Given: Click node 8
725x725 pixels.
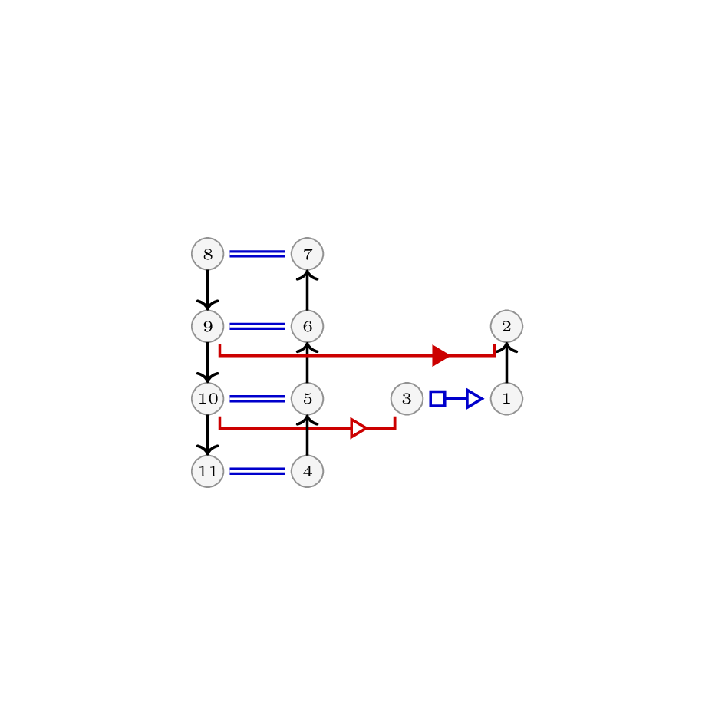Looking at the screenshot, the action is [x=208, y=254].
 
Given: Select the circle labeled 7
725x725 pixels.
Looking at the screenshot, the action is [x=307, y=254].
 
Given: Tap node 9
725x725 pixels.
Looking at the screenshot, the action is [x=208, y=326].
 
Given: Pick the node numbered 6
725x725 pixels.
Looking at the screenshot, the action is [x=307, y=326].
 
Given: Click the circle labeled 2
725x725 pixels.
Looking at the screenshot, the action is [x=507, y=326].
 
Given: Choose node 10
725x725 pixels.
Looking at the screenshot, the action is [x=208, y=399].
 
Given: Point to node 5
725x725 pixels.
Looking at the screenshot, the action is [x=307, y=399].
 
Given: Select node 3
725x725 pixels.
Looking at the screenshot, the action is [x=407, y=399].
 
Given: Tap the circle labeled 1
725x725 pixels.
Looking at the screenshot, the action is [x=507, y=399].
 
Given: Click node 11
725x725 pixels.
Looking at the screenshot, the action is [x=208, y=471].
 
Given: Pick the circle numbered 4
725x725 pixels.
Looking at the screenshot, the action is [x=307, y=471].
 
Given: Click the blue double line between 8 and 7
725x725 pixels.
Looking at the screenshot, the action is [x=258, y=254].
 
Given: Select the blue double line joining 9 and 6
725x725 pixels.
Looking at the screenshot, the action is [x=258, y=326].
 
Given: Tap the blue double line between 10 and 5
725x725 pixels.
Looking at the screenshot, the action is [x=258, y=399].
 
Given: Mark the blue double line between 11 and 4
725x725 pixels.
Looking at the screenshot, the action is [x=258, y=471].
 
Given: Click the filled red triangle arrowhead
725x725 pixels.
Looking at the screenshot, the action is [x=440, y=355].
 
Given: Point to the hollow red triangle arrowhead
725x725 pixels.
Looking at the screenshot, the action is [x=358, y=428].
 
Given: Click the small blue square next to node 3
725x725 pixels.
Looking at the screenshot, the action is [x=438, y=399].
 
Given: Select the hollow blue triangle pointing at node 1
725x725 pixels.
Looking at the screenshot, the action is [x=475, y=399].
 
